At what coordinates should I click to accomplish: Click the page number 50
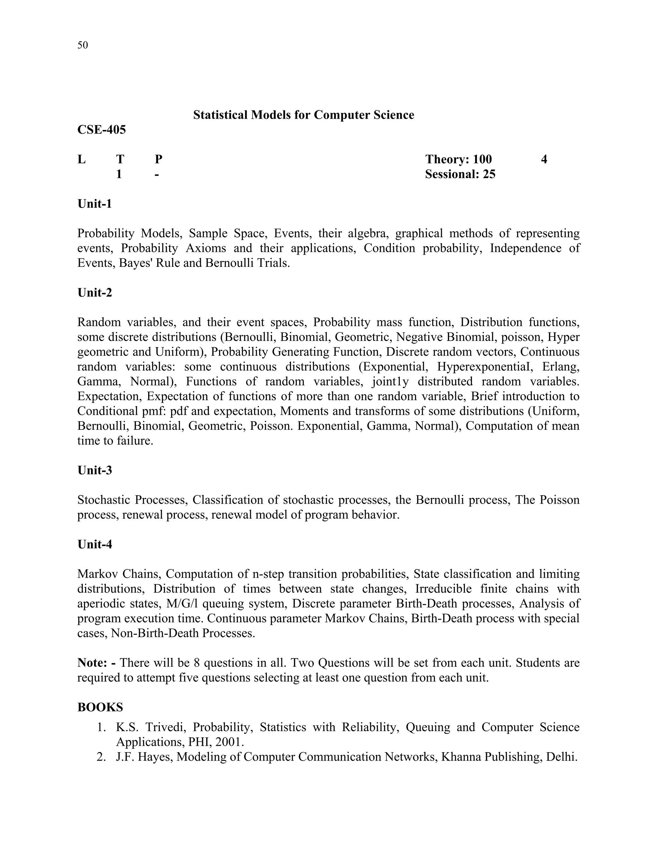tap(82, 45)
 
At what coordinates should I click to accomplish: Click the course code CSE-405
tap(102, 129)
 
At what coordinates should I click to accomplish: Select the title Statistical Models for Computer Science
tap(303, 115)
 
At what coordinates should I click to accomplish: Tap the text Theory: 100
tap(458, 159)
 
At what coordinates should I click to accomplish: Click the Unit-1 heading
tap(95, 204)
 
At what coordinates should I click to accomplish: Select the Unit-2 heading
tap(95, 292)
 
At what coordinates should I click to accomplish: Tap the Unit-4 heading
tap(95, 544)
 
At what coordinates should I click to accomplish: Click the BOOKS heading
tap(100, 707)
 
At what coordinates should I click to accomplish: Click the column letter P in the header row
tap(158, 159)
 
